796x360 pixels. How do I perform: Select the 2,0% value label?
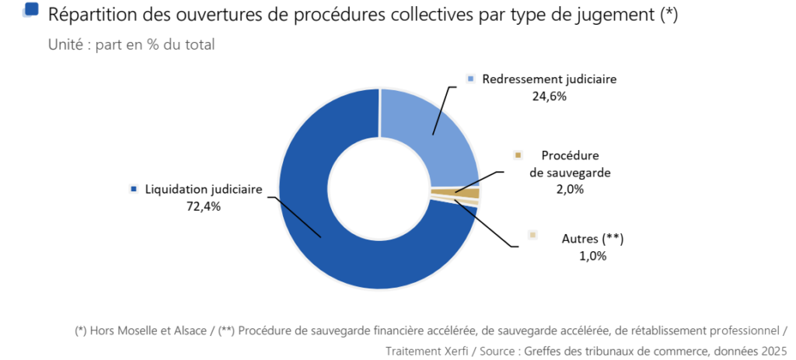[x=570, y=189]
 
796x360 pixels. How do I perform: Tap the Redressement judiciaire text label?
[x=549, y=79]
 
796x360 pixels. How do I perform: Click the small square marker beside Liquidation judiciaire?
[x=134, y=189]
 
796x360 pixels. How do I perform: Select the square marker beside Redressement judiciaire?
[x=470, y=79]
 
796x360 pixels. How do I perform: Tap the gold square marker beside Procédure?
[x=517, y=156]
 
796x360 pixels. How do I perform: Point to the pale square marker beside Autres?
[x=532, y=235]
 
